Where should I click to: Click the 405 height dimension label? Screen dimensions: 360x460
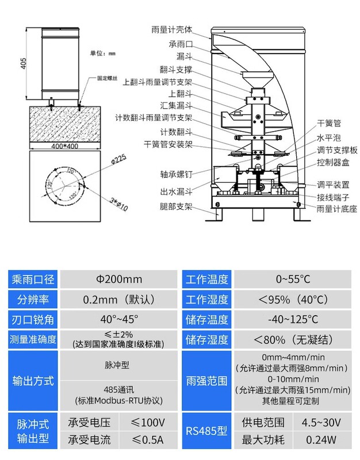click(24, 63)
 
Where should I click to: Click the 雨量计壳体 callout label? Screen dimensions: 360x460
click(171, 29)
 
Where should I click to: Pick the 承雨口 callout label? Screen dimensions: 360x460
click(180, 44)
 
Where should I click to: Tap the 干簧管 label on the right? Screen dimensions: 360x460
click(329, 123)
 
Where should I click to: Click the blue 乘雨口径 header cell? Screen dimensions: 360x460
click(33, 280)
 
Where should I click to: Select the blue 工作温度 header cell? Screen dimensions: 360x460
click(207, 280)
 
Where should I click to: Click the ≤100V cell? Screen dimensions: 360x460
click(148, 423)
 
